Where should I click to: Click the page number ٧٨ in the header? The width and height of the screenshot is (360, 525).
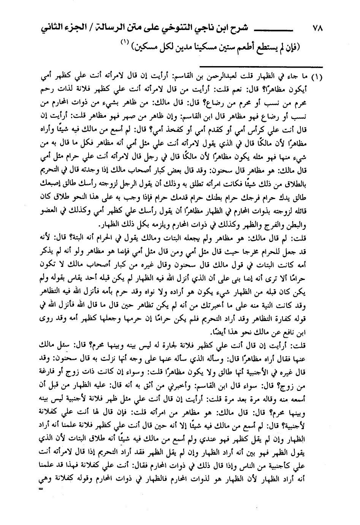(317, 28)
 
